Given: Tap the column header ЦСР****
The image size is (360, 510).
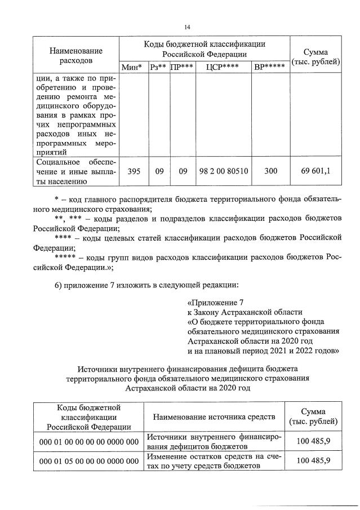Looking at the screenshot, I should coord(223,68).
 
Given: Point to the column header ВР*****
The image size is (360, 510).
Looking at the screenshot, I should coord(269,68).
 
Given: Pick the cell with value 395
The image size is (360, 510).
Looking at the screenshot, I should coord(134,171).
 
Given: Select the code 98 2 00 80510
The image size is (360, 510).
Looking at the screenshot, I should coord(223,171).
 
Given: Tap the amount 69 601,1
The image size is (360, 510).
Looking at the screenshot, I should coord(315,171).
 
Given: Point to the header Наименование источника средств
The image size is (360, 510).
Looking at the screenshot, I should coord(214,416).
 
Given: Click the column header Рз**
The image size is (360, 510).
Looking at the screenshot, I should coord(158,68).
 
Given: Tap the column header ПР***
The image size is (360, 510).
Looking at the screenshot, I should coord(182,68).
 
